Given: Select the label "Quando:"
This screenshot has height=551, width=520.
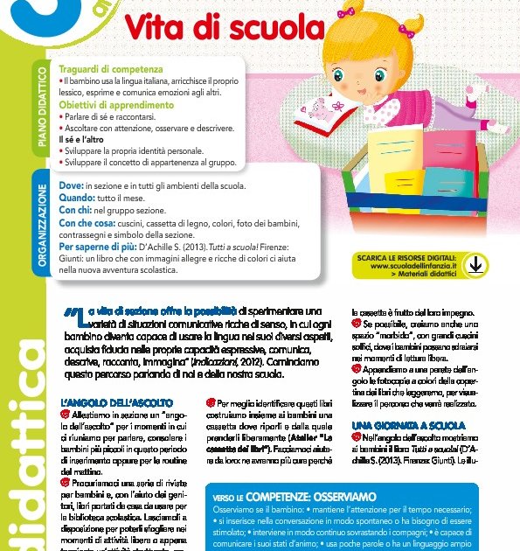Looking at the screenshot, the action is [x=76, y=199].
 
